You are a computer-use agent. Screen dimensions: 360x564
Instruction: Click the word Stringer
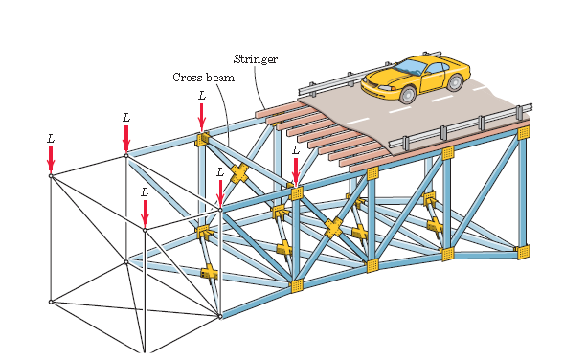pyautogui.click(x=256, y=59)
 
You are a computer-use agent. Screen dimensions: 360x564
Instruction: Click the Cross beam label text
pyautogui.click(x=203, y=77)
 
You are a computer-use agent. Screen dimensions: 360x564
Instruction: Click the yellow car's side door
pyautogui.click(x=437, y=79)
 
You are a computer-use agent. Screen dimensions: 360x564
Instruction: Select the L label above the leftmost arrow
pyautogui.click(x=51, y=138)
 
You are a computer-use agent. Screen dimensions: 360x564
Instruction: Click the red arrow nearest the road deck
pyautogui.click(x=296, y=170)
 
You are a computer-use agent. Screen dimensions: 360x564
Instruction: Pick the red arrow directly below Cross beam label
pyautogui.click(x=202, y=117)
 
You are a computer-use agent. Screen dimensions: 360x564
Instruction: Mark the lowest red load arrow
pyautogui.click(x=145, y=214)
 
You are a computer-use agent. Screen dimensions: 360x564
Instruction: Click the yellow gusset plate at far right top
pyautogui.click(x=523, y=133)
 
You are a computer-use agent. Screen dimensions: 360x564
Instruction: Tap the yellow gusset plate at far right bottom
pyautogui.click(x=522, y=252)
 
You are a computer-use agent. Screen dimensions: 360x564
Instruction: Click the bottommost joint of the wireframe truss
pyautogui.click(x=145, y=353)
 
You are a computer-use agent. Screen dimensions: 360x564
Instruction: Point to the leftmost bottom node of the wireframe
pyautogui.click(x=52, y=302)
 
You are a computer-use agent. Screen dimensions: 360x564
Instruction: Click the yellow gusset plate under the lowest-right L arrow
pyautogui.click(x=297, y=193)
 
